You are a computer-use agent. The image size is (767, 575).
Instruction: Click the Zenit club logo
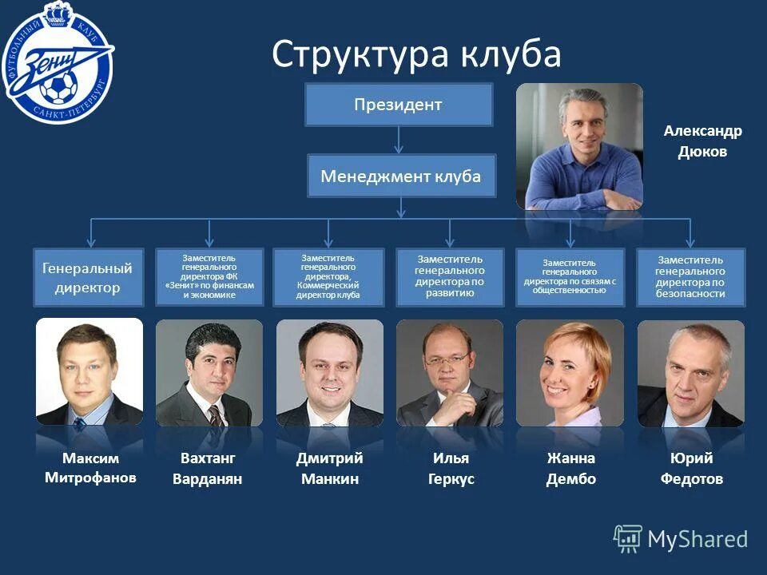pyautogui.click(x=57, y=64)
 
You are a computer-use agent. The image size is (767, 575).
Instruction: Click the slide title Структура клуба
pyautogui.click(x=416, y=54)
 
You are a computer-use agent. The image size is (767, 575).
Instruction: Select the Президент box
pyautogui.click(x=398, y=105)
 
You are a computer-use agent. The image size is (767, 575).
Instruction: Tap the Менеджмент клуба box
pyautogui.click(x=401, y=176)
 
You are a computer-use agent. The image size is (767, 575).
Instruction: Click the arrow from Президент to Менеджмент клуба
pyautogui.click(x=399, y=140)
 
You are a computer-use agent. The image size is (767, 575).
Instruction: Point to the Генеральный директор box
pyautogui.click(x=88, y=278)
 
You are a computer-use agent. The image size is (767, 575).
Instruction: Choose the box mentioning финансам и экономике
pyautogui.click(x=209, y=277)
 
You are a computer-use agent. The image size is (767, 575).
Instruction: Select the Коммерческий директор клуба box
pyautogui.click(x=328, y=277)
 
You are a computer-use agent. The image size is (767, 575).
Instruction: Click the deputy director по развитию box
pyautogui.click(x=450, y=277)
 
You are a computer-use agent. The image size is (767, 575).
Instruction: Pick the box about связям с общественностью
pyautogui.click(x=570, y=277)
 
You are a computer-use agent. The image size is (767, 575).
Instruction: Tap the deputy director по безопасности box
pyautogui.click(x=690, y=277)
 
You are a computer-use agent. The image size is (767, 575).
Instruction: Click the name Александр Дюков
pyautogui.click(x=702, y=141)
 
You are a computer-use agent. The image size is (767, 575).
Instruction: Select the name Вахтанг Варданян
pyautogui.click(x=208, y=469)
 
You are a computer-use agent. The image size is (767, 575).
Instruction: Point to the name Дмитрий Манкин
pyautogui.click(x=329, y=469)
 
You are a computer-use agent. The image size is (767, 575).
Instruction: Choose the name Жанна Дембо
pyautogui.click(x=570, y=469)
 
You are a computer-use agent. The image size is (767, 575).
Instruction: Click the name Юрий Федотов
pyautogui.click(x=691, y=469)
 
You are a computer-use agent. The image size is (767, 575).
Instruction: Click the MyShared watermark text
pyautogui.click(x=697, y=539)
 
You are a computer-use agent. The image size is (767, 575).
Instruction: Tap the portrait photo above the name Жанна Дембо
pyautogui.click(x=570, y=373)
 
